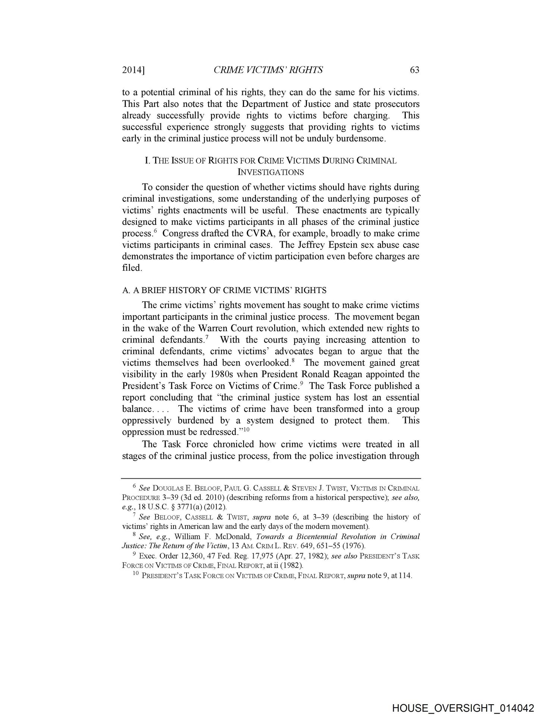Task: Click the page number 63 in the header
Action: click(x=414, y=70)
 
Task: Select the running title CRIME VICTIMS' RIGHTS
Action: click(x=268, y=70)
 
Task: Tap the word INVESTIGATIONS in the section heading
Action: click(x=270, y=172)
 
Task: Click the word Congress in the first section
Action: click(x=179, y=233)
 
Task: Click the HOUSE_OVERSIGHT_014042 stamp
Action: click(x=463, y=707)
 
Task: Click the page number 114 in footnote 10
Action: click(x=405, y=575)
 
